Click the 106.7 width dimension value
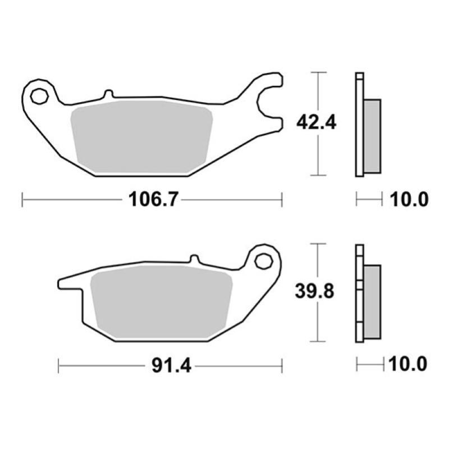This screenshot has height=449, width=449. click(x=149, y=199)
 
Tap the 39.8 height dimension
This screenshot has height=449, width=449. click(x=316, y=291)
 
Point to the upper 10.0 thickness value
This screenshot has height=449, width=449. click(x=409, y=199)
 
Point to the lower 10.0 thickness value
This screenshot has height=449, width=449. click(x=409, y=365)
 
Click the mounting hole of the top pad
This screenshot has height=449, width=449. click(x=39, y=96)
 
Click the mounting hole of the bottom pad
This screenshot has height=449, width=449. click(x=263, y=261)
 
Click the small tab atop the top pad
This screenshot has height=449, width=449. click(x=108, y=94)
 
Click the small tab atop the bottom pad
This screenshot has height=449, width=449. click(x=194, y=259)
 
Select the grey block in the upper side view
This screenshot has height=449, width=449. click(x=372, y=136)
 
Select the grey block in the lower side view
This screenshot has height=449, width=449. click(x=372, y=301)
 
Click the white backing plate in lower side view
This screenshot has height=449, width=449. click(x=360, y=292)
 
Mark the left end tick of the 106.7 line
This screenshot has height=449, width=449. click(x=22, y=199)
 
